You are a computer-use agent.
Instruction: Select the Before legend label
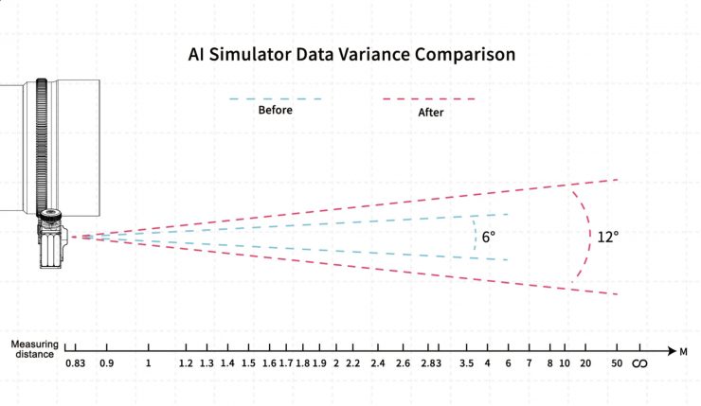[x=276, y=110]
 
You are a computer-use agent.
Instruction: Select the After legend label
[x=431, y=112]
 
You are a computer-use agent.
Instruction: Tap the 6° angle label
[x=489, y=238]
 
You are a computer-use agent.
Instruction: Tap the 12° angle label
[x=607, y=237]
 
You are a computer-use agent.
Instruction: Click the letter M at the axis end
[x=682, y=351]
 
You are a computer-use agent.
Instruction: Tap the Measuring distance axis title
[x=35, y=349]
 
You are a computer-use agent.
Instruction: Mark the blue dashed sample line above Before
[x=276, y=98]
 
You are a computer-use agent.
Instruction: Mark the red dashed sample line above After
[x=428, y=98]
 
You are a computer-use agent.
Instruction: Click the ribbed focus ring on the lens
[x=43, y=143]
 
